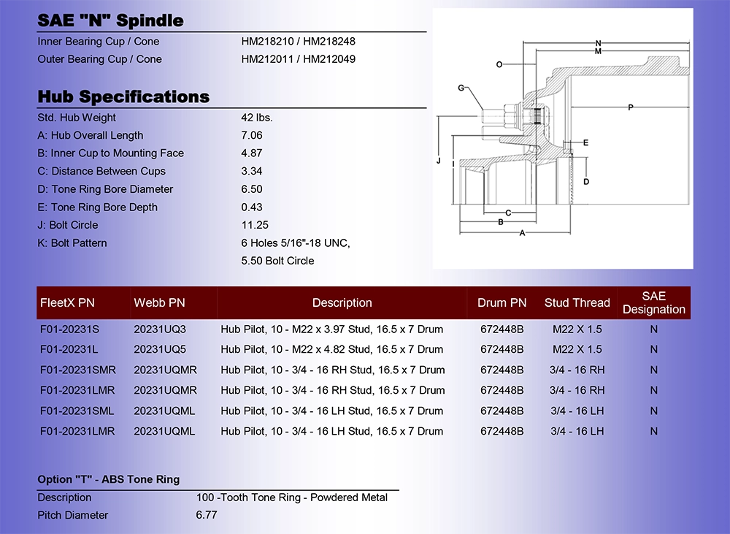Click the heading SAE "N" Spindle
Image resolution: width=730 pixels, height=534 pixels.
110,20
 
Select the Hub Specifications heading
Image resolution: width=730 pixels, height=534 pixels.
123,96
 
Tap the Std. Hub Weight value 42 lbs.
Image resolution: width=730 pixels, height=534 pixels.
256,118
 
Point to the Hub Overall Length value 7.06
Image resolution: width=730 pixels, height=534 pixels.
251,135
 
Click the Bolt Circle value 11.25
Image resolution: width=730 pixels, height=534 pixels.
255,224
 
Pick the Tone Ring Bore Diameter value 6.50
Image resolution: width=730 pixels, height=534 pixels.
251,188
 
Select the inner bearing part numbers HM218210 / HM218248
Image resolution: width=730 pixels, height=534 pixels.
298,41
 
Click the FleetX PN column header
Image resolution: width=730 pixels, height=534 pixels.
67,302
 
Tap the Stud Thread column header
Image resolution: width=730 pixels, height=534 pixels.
577,302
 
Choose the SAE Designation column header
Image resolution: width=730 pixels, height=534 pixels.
653,302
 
